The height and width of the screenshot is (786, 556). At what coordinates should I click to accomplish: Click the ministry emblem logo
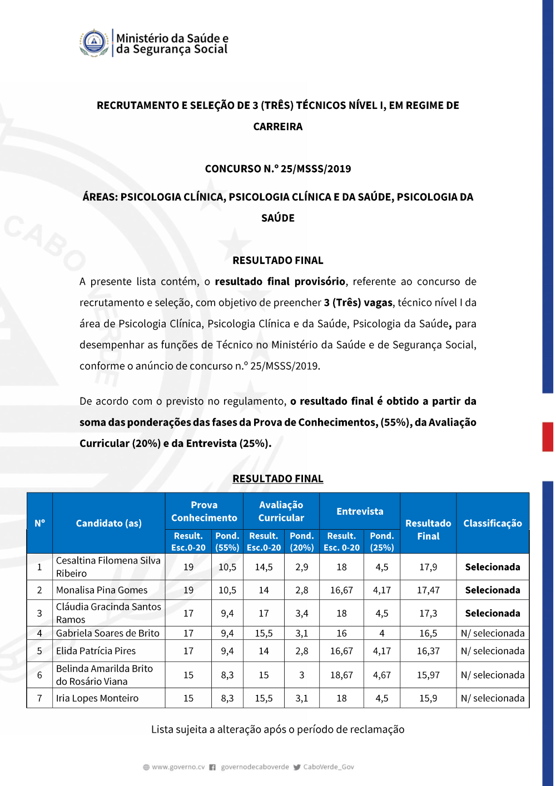coord(94,43)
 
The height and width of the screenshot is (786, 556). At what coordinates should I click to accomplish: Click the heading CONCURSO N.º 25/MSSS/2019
coord(278,168)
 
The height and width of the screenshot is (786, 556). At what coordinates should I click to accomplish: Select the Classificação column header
coord(492,523)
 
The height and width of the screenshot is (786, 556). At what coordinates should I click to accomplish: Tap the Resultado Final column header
coord(428,529)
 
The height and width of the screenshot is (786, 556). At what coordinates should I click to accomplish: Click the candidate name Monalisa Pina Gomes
coord(102,590)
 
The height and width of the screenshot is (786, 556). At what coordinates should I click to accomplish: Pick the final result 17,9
coord(428,567)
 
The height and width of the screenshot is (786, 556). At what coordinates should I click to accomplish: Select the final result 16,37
coord(428,651)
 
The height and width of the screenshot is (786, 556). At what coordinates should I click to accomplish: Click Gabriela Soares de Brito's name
coord(107,633)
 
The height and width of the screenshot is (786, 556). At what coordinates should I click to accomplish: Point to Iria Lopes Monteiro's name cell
coord(97,698)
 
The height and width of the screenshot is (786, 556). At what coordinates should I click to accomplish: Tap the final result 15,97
coord(428,675)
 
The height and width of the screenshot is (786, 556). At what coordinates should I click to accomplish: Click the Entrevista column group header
coord(360,511)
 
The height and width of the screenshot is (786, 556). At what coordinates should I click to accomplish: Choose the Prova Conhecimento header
coord(204,511)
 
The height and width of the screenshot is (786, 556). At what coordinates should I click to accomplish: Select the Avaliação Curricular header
coord(281,511)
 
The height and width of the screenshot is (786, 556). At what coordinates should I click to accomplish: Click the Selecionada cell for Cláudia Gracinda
coord(493,613)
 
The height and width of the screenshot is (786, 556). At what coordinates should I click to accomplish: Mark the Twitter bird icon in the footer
coord(297,767)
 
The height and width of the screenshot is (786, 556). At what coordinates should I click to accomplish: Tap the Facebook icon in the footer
coord(212,767)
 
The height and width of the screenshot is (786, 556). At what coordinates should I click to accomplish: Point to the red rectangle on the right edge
coord(548,436)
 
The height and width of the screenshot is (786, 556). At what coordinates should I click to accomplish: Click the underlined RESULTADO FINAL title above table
coord(278,479)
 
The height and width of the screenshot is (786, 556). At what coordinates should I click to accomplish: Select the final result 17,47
coord(428,590)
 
